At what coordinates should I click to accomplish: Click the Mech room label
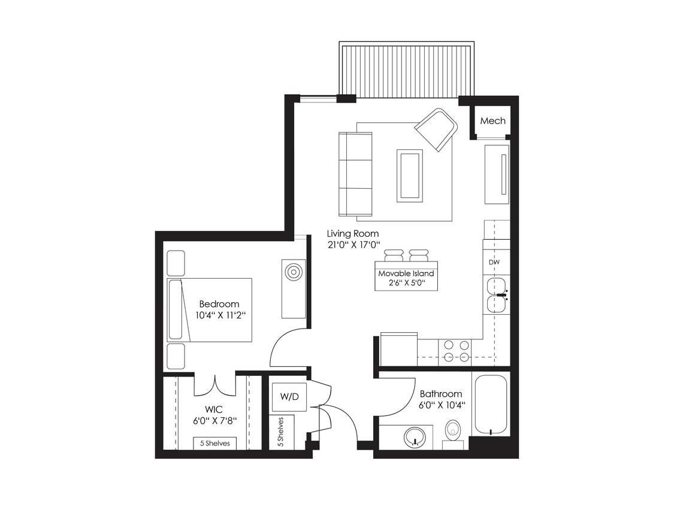(x=492, y=121)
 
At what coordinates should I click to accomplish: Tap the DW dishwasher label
(x=494, y=262)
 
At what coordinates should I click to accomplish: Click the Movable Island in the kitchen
(x=406, y=276)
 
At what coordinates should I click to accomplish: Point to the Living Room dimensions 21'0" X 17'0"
(x=353, y=245)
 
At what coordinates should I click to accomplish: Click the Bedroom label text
(x=219, y=304)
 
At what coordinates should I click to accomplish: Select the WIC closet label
(x=213, y=409)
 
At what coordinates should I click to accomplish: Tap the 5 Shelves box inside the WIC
(x=214, y=443)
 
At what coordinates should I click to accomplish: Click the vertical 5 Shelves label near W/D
(x=280, y=431)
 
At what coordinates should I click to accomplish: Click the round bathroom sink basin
(x=412, y=436)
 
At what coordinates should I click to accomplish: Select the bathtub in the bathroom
(x=491, y=403)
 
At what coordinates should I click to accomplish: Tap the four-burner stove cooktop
(x=455, y=352)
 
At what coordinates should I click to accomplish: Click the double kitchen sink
(x=497, y=295)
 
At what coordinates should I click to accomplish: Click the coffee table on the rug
(x=409, y=175)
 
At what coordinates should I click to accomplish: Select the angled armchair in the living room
(x=436, y=129)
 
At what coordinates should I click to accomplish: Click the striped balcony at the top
(x=407, y=69)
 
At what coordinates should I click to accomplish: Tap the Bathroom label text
(x=440, y=394)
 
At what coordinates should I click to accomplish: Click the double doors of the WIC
(x=214, y=383)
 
